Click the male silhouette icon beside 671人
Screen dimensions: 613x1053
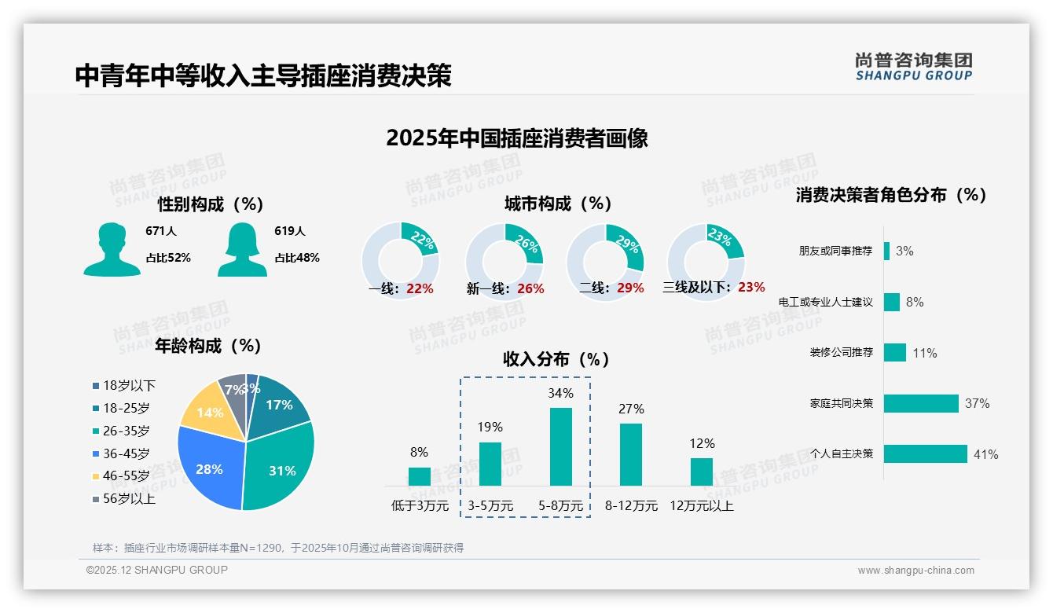coord(112,250)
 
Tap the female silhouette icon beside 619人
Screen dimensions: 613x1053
coord(242,250)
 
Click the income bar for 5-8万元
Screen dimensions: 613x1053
coord(560,446)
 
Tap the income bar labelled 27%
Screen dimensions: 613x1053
coord(630,454)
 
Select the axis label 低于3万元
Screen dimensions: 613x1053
coord(419,506)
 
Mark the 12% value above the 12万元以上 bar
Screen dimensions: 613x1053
coord(702,443)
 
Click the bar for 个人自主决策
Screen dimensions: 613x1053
coord(925,453)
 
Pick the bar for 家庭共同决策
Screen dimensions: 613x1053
coord(921,403)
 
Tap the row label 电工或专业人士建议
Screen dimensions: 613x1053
coord(825,302)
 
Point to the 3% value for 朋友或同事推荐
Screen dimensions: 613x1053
coord(904,251)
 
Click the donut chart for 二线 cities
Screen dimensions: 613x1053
coord(605,262)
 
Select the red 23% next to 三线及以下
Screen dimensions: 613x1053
coord(751,288)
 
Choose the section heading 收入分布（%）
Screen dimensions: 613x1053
coord(556,359)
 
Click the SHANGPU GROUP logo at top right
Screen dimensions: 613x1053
coord(913,66)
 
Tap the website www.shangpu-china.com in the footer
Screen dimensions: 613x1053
coord(915,571)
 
